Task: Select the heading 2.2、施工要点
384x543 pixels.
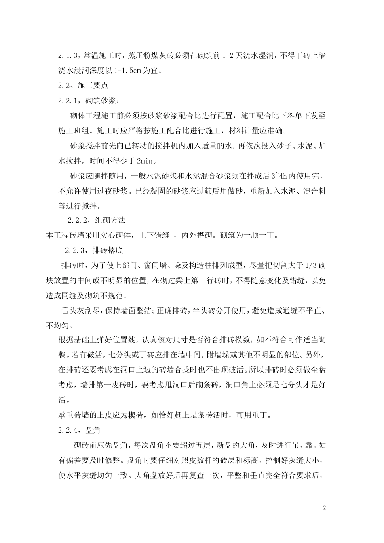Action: pyautogui.click(x=83, y=86)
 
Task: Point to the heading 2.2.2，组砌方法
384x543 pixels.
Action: pyautogui.click(x=96, y=220)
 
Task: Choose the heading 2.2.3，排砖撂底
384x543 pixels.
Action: pyautogui.click(x=94, y=250)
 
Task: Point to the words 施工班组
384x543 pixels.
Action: pyautogui.click(x=71, y=131)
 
